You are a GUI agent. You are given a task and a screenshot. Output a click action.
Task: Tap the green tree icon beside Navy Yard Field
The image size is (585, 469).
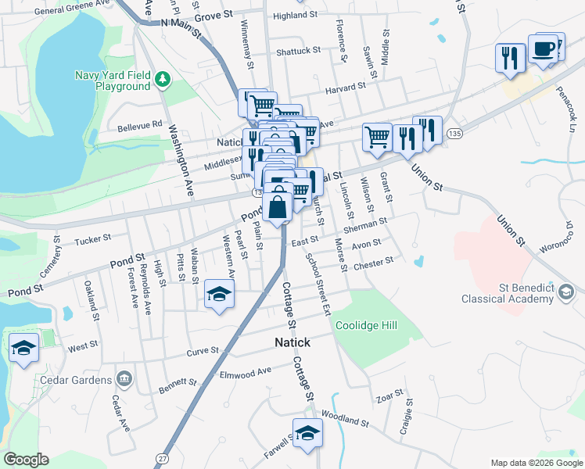pyautogui.click(x=163, y=78)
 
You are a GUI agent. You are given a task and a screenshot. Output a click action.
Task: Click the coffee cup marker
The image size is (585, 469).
pyautogui.click(x=544, y=50)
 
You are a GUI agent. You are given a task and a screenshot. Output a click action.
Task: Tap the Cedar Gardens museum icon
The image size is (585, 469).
pyautogui.click(x=124, y=379)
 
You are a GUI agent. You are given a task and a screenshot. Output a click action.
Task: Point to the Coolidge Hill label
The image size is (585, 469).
pyautogui.click(x=367, y=325)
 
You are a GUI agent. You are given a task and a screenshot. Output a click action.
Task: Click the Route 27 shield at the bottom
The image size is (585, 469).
pyautogui.click(x=162, y=457)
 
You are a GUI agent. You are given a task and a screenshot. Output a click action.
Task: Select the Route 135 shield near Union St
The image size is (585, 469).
pyautogui.click(x=454, y=134)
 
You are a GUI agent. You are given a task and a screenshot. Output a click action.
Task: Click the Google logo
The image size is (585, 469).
pyautogui.click(x=27, y=459)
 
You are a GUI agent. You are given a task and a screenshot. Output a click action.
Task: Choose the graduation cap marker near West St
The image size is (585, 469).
pyautogui.click(x=24, y=348)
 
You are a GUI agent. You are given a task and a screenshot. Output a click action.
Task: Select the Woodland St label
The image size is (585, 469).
pyautogui.click(x=344, y=420)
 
